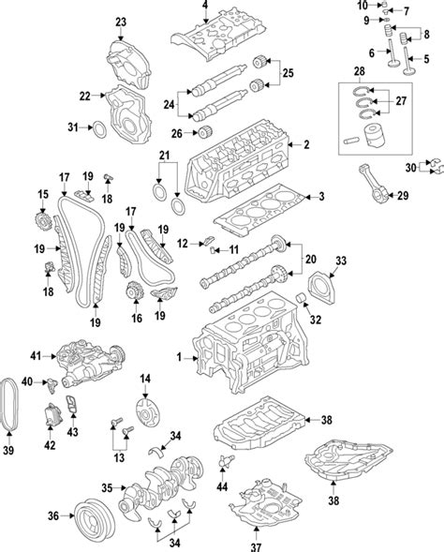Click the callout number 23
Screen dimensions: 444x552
pos(121,22)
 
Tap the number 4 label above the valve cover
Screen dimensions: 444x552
pos(205,5)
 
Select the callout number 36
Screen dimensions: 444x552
pos(53,516)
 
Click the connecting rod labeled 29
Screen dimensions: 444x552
pos(375,184)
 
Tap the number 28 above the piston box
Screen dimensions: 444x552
pos(359,71)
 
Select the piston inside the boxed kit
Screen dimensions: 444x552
pos(374,136)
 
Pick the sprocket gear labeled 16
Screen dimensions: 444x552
pos(134,291)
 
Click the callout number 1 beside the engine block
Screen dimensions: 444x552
pos(179,358)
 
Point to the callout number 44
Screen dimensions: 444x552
pos(222,486)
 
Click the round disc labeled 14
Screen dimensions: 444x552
pos(147,412)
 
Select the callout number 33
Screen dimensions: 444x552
pos(341,261)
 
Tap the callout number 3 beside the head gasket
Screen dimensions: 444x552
pos(321,197)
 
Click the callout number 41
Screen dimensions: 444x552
pos(36,356)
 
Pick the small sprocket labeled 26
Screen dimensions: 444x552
pos(205,133)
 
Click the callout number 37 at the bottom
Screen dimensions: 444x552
pos(256,546)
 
